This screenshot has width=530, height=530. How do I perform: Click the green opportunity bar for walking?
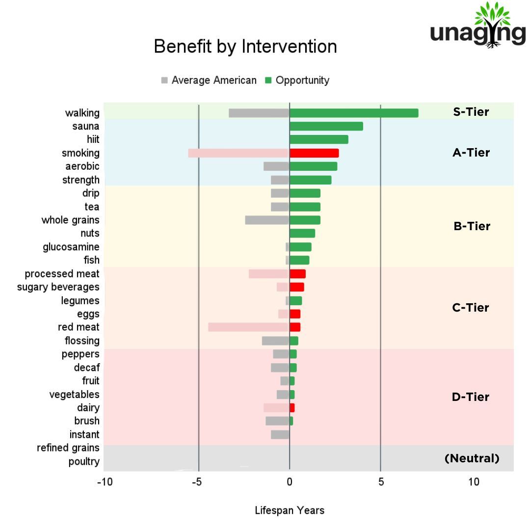pos(354,113)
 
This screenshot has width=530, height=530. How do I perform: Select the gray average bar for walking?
pos(259,113)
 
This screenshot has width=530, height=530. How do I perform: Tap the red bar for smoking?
pos(314,153)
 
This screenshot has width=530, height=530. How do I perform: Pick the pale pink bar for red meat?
pos(248,327)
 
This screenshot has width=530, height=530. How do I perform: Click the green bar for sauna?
pos(326,126)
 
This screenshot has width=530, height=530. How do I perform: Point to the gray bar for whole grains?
pos(267,220)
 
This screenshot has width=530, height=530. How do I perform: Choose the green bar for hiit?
pos(319,139)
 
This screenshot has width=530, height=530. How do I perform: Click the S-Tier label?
pos(471,112)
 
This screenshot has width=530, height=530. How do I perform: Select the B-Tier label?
pos(472,226)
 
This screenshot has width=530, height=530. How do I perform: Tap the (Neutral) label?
pos(472,458)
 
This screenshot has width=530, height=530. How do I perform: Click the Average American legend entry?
pos(209,80)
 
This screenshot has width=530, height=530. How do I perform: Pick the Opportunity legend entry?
pos(297,80)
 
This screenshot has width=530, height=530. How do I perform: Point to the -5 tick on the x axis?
pos(196,482)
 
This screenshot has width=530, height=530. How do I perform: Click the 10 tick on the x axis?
pos(474,482)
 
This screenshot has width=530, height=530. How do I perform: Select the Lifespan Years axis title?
pos(290,510)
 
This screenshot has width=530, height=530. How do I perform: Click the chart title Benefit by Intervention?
pos(245,47)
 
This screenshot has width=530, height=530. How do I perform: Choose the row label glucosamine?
pos(71,247)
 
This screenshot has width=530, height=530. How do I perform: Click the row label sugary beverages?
pos(58,287)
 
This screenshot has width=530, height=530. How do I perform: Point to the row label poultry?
pos(84,461)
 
